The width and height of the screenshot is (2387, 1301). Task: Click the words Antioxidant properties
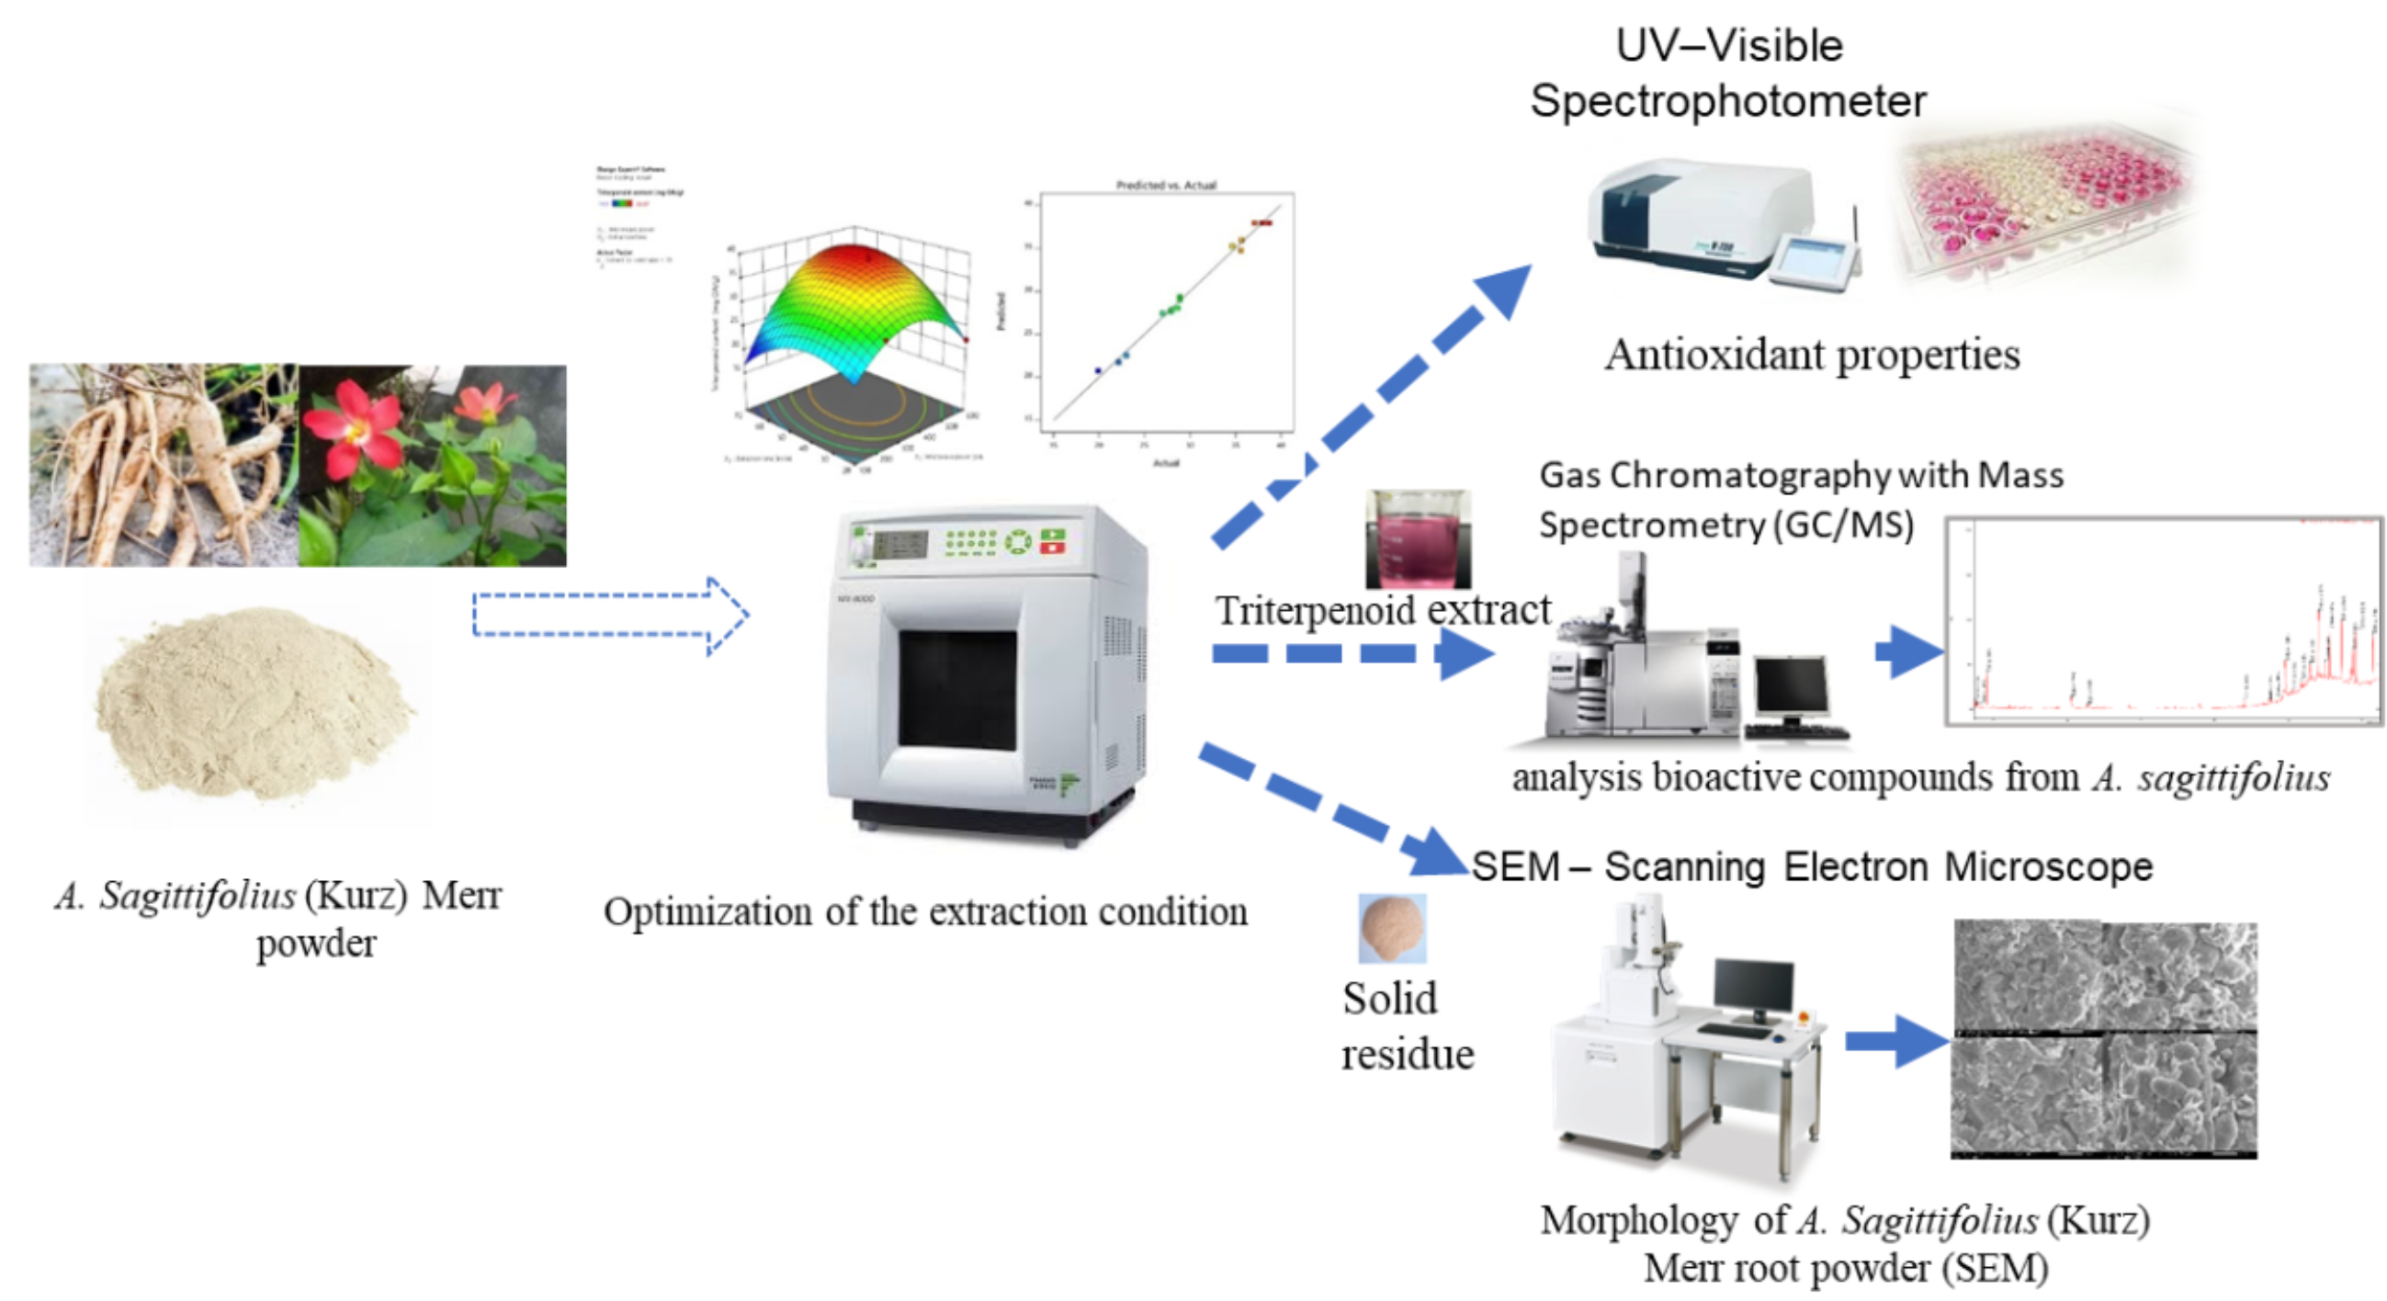coord(1812,355)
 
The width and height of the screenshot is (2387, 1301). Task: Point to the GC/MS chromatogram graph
coord(2164,621)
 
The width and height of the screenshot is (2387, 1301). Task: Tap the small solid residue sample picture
coord(1392,928)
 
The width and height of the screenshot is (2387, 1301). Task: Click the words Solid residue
coord(1407,1026)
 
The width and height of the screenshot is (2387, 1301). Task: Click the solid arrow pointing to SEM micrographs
coord(1895,1041)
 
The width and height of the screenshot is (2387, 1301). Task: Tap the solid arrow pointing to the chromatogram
coord(1909,651)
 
